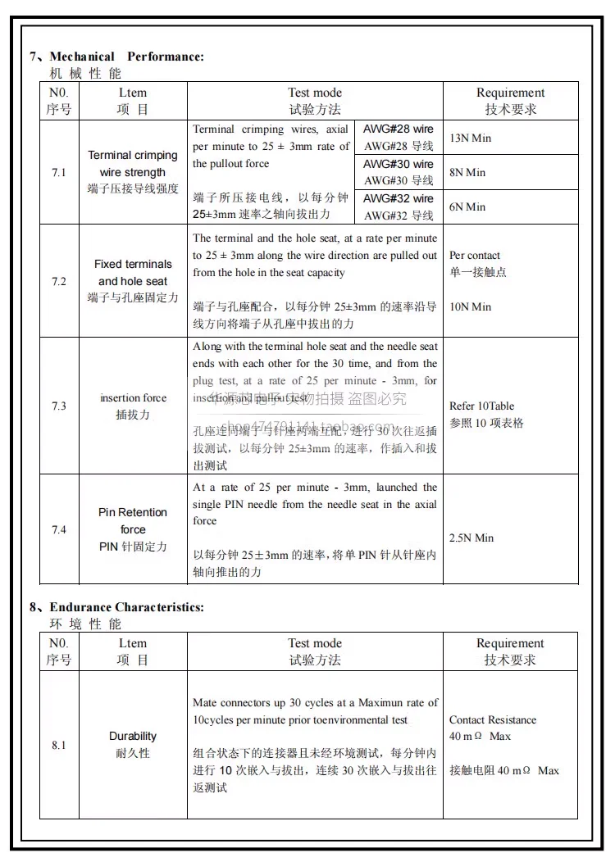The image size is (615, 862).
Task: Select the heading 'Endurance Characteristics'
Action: click(x=126, y=607)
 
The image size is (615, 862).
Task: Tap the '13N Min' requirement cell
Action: click(x=471, y=138)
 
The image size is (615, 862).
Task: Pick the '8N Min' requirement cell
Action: click(x=467, y=172)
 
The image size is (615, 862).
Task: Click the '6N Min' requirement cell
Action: click(x=467, y=206)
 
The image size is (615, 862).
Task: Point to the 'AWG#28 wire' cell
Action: click(x=399, y=138)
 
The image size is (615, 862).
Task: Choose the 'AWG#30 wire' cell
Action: click(x=399, y=172)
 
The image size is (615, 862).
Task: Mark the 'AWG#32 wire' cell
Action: click(x=399, y=206)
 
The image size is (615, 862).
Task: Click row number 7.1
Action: click(x=59, y=172)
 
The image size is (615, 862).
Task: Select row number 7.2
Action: click(x=59, y=281)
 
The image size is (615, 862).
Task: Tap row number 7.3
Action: click(x=59, y=406)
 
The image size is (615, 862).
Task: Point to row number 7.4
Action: click(x=59, y=529)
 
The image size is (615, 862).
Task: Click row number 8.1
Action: click(x=59, y=745)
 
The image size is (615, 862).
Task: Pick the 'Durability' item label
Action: click(x=133, y=736)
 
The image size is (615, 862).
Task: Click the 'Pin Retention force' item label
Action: click(x=133, y=521)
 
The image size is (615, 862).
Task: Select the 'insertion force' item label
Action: click(x=133, y=397)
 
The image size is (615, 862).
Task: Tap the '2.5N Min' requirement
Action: click(x=471, y=538)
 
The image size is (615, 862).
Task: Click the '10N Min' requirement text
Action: click(x=471, y=306)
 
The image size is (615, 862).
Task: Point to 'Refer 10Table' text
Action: click(x=482, y=406)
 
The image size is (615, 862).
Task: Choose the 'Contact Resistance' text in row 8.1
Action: click(x=493, y=719)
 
